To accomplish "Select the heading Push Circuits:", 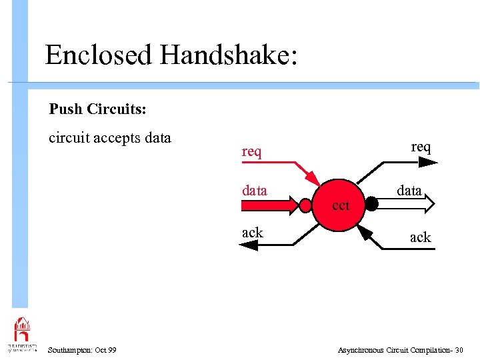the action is coord(98,109).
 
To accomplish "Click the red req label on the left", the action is coord(251,152).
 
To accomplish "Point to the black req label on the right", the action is coord(421,147).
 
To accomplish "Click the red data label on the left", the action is coord(254,191).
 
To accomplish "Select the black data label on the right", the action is coord(409,191).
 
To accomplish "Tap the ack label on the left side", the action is coord(252,233).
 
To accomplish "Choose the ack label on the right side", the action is coord(420,237).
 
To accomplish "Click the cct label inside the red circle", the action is coord(340,206).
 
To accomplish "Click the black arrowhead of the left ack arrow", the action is coord(248,245).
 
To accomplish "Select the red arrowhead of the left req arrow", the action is coord(313,179).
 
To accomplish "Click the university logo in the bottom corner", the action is coord(22,333).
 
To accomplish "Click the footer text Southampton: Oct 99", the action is coord(82,350).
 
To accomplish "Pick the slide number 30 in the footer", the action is coord(459,350).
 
